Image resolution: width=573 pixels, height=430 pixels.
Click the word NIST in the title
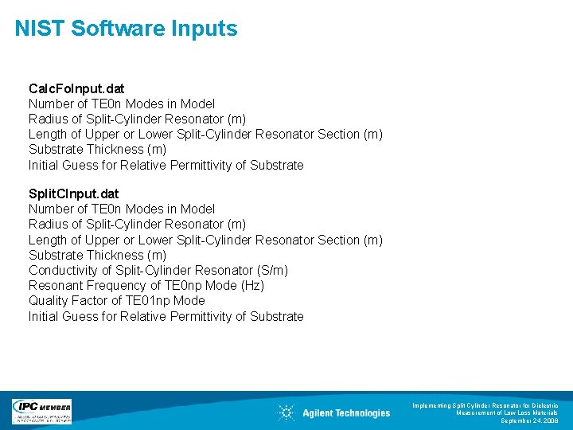40,29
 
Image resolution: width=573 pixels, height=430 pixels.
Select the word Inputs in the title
205,29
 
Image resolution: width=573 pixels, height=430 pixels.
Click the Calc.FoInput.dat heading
76,88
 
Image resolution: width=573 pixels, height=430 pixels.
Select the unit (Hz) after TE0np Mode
251,286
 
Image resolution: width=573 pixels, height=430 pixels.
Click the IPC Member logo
41,411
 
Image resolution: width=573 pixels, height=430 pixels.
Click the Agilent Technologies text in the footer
346,413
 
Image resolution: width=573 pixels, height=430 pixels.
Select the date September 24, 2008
529,420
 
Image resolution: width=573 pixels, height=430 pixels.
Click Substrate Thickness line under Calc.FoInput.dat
97,150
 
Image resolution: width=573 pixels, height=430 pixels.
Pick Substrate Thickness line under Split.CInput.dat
97,256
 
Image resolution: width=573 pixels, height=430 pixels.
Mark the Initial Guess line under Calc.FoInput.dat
166,166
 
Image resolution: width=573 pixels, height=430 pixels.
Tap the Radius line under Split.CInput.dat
137,225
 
